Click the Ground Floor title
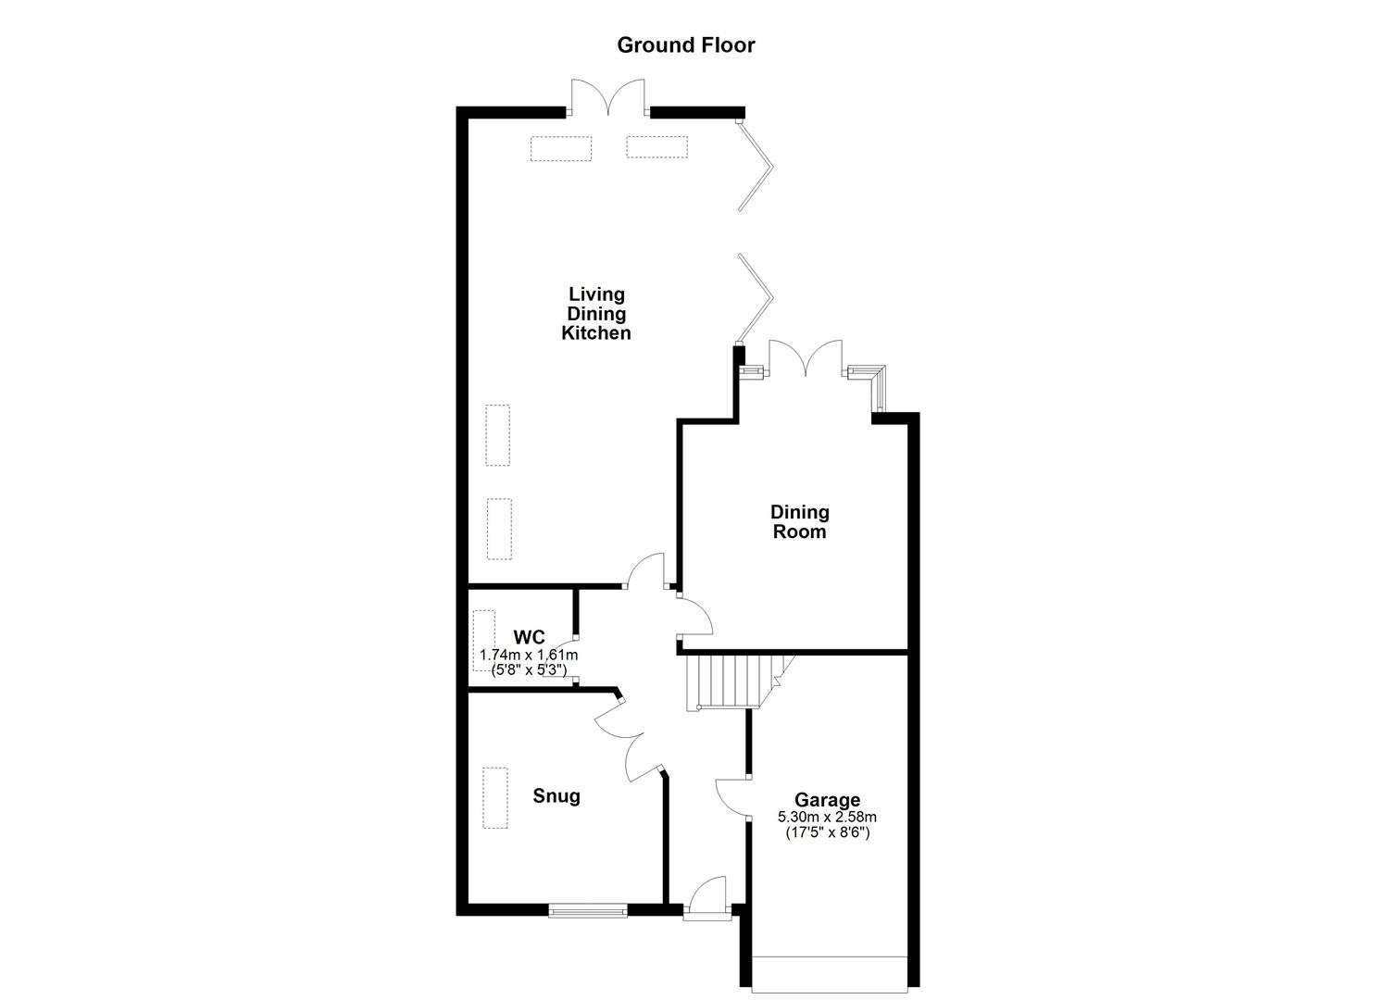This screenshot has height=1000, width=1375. tap(686, 44)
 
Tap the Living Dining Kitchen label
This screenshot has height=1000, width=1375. tap(596, 314)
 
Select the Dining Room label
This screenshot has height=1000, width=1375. tap(799, 521)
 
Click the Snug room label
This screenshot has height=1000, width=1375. tap(556, 795)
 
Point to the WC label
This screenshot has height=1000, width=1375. tap(530, 637)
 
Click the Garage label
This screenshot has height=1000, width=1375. tap(827, 800)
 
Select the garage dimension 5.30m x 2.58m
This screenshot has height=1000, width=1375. tap(827, 817)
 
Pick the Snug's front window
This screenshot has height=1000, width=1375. tap(588, 911)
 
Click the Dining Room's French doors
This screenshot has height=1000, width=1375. tap(806, 359)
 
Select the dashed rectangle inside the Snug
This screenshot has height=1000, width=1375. tap(495, 798)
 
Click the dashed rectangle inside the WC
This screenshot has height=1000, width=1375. tap(484, 645)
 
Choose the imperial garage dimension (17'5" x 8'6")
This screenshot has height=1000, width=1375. tap(827, 831)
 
